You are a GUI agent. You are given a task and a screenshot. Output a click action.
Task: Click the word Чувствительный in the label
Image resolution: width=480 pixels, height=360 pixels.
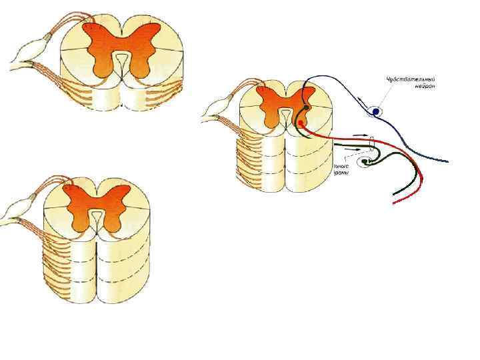click(411, 79)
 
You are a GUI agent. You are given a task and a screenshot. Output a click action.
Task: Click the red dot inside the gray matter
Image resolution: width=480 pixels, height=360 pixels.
click(301, 123)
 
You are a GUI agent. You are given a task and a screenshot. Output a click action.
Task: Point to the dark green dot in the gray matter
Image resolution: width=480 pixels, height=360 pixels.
click(306, 107)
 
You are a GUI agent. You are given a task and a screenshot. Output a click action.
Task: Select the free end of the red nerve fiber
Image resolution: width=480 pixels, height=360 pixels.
click(395, 202)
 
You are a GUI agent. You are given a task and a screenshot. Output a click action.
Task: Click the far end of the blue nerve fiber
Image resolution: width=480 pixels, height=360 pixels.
click(447, 161)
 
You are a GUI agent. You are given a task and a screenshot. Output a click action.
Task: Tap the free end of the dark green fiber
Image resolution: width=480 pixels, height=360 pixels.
click(395, 194)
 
